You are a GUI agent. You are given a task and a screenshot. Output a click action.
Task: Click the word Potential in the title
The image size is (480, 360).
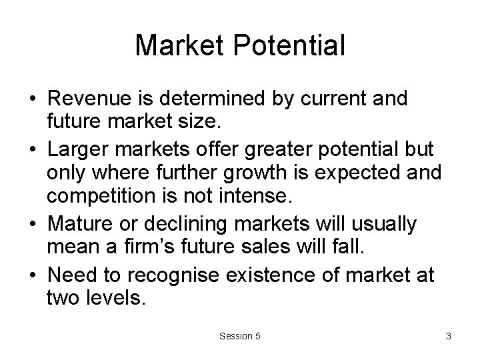[291, 46]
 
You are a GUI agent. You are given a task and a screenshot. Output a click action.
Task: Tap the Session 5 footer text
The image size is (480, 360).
[240, 337]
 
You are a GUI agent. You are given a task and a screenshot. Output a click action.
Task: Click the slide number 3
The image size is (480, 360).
[449, 337]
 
